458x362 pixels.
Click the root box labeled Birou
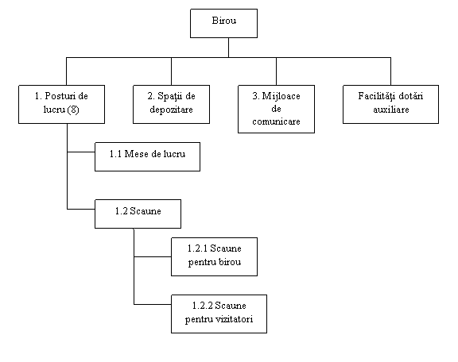point(223,23)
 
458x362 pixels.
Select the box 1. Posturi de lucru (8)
point(62,104)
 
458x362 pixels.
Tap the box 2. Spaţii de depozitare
point(171,104)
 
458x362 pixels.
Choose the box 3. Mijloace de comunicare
point(277,109)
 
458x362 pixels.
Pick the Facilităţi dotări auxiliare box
point(391,104)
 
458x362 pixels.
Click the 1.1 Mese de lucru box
point(148,156)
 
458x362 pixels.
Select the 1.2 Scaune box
point(138,214)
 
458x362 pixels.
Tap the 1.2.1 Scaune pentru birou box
point(215,256)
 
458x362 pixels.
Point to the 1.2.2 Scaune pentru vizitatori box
point(219,314)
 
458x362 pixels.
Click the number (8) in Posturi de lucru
point(73,110)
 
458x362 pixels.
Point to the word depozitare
point(171,110)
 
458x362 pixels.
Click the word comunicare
point(277,121)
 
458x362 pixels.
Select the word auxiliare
point(391,110)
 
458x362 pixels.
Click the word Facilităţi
point(375,96)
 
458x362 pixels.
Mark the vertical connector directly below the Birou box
point(228,48)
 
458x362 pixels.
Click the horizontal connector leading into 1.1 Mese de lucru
point(81,152)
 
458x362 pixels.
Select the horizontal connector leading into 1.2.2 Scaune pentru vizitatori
point(153,304)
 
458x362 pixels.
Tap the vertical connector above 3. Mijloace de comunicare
point(277,71)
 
